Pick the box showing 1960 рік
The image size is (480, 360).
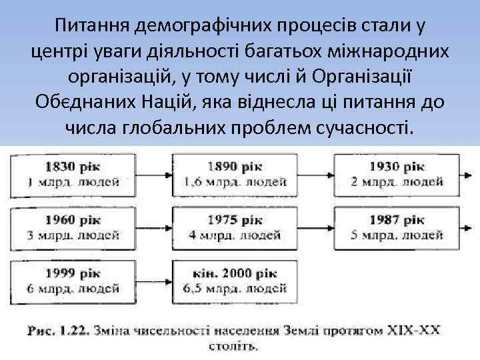point(73,227)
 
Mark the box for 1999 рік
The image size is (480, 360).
point(73,281)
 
